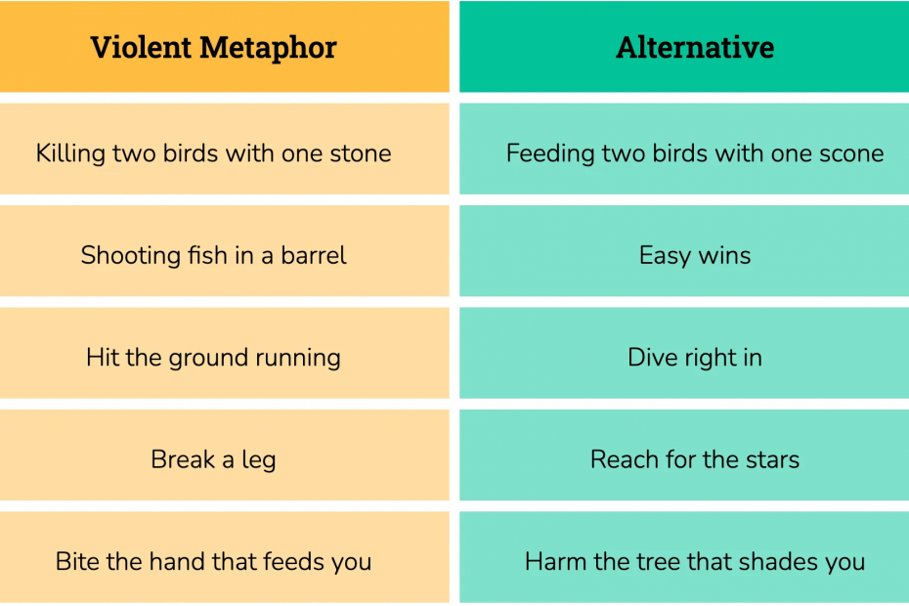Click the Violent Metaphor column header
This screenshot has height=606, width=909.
pyautogui.click(x=225, y=46)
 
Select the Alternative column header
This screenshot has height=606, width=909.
pyautogui.click(x=684, y=46)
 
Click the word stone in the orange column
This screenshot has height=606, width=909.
pyautogui.click(x=361, y=153)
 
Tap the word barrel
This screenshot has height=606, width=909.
pyautogui.click(x=314, y=255)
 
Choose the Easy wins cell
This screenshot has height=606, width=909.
pyautogui.click(x=684, y=251)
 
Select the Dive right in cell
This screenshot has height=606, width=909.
pyautogui.click(x=684, y=353)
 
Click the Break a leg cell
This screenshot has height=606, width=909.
pyautogui.click(x=225, y=455)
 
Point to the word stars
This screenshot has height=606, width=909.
pyautogui.click(x=773, y=459)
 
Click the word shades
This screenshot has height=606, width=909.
pyautogui.click(x=781, y=561)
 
